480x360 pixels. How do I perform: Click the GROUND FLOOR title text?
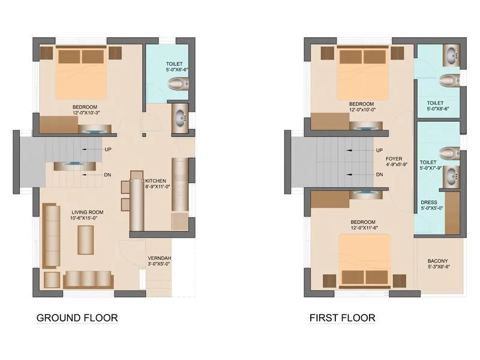click(x=77, y=317)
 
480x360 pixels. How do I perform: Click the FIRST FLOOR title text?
click(x=342, y=317)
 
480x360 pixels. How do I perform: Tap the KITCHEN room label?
click(x=157, y=181)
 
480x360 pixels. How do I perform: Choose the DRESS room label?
click(x=429, y=202)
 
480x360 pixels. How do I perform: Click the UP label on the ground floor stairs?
click(x=107, y=149)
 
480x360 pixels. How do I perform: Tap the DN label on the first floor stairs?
click(x=379, y=175)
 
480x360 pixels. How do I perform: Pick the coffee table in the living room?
click(x=86, y=240)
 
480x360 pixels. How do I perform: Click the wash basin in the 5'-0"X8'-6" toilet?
click(x=451, y=57)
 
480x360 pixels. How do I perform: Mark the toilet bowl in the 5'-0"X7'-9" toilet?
click(x=449, y=152)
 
